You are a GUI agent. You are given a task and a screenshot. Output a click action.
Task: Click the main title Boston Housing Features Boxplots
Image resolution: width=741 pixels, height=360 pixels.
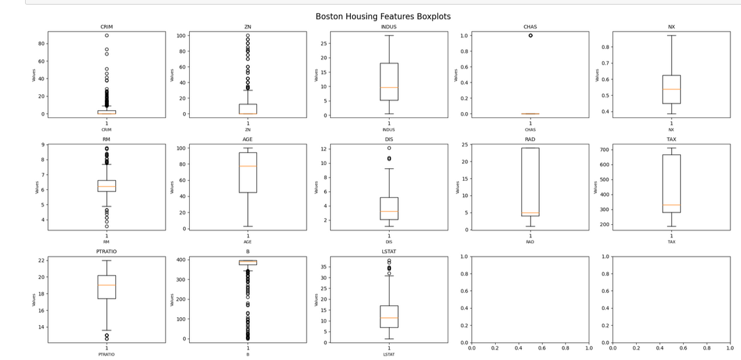[383, 16]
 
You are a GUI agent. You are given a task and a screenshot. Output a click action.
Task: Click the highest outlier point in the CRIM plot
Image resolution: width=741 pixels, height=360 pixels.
[107, 36]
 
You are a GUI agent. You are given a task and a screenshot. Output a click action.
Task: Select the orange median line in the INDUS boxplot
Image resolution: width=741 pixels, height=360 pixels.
[389, 87]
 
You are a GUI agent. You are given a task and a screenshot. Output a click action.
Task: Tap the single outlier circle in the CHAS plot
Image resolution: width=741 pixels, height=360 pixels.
[530, 36]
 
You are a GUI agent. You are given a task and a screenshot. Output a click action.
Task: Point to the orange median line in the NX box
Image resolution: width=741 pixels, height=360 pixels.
[671, 89]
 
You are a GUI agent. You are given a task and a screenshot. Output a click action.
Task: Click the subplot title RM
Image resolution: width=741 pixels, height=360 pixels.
[107, 139]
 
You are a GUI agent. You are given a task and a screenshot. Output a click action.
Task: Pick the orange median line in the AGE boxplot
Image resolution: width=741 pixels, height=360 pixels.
[248, 166]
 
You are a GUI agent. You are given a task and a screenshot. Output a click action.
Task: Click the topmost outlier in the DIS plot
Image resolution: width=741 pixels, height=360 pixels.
[389, 148]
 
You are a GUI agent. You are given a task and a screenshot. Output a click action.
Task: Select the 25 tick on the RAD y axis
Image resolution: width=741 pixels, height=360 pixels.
[465, 144]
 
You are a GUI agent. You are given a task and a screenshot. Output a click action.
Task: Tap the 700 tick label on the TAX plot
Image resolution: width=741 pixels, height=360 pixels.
[603, 150]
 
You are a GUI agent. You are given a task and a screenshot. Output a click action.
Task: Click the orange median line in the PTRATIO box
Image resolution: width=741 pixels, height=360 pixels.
[107, 285]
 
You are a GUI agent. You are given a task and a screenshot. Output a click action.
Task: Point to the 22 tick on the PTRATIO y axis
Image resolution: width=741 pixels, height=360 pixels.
[41, 260]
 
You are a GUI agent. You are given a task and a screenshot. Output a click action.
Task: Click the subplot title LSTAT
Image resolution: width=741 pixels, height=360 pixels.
[389, 252]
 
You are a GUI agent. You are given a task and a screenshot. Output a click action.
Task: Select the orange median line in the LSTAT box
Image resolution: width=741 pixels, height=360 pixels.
[389, 318]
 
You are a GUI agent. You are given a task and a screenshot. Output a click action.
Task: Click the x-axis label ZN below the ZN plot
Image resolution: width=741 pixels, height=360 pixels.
[248, 129]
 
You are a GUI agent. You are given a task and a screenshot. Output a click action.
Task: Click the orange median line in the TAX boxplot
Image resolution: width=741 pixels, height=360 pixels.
[671, 205]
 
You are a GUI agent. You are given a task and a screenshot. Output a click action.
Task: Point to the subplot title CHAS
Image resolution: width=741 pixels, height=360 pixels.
[530, 27]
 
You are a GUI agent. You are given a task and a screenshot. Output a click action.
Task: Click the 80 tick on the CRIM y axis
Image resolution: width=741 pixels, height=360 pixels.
[41, 44]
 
